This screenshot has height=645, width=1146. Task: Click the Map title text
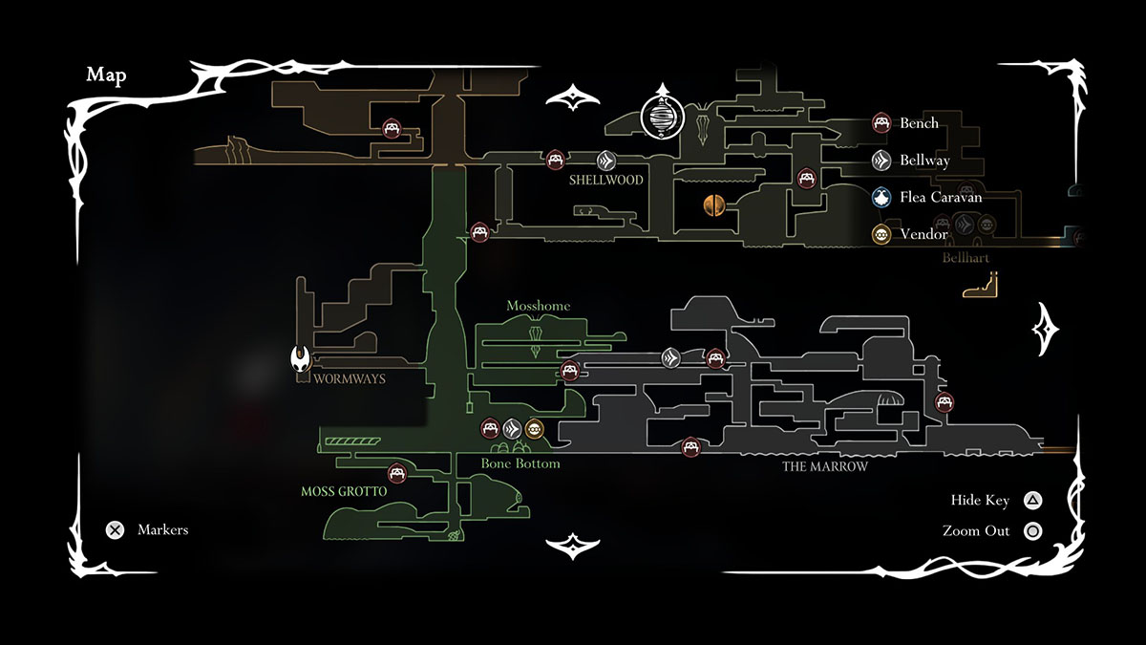coord(106,76)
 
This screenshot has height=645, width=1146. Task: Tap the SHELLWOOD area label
coord(606,180)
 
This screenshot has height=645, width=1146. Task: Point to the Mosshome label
coord(539,306)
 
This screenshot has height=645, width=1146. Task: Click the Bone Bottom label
coord(520,463)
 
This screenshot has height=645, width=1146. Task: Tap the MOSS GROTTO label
coord(344,492)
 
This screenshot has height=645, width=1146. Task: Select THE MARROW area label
coord(825,466)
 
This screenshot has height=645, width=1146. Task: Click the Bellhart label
coord(966,258)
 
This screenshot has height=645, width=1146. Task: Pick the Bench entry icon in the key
coord(881,123)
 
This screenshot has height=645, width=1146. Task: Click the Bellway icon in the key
coord(881,161)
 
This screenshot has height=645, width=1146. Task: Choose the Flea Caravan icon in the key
coord(881,197)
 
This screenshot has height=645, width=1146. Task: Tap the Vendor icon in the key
coord(881,234)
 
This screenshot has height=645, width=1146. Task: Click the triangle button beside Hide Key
coord(1032,500)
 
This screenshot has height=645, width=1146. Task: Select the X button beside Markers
coord(115,529)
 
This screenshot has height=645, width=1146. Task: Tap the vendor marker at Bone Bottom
coord(534,429)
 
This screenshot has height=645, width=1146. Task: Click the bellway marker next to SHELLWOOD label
coord(605,160)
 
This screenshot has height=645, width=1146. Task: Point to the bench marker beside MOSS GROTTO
coord(396,473)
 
